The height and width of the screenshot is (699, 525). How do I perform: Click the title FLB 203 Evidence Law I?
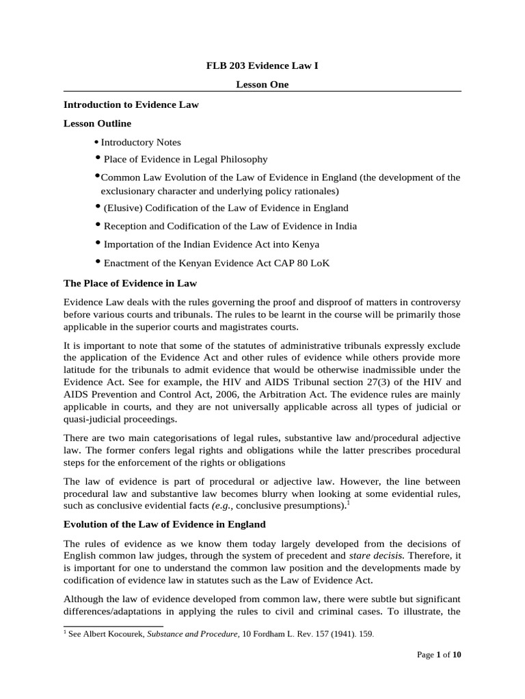click(x=262, y=66)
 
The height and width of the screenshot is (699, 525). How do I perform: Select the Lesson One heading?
click(x=262, y=85)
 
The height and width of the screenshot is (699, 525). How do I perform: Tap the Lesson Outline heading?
click(x=97, y=124)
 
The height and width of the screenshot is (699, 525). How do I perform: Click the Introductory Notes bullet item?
click(x=141, y=142)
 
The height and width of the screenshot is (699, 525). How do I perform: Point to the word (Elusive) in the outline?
click(x=122, y=208)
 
